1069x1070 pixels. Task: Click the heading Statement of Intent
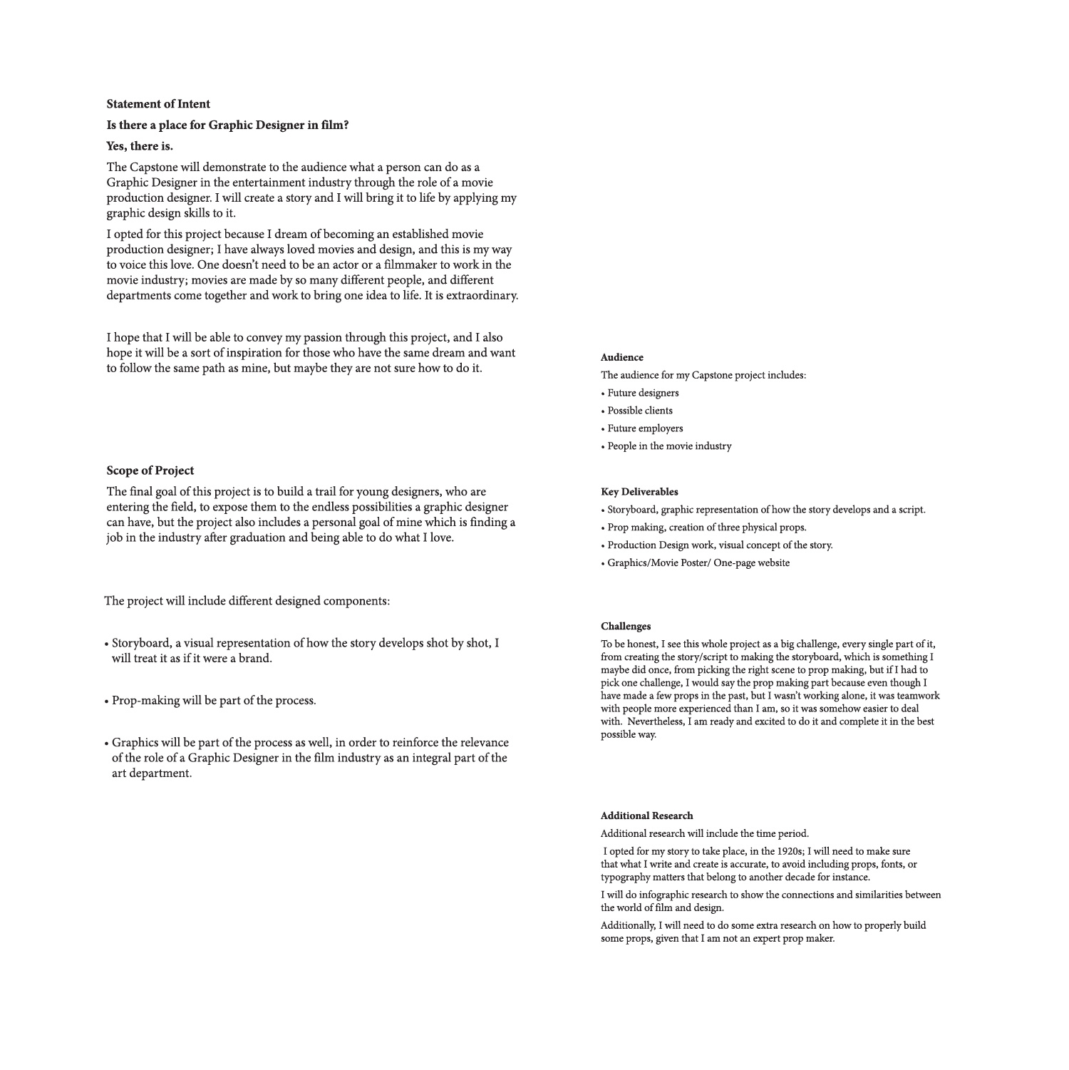158,104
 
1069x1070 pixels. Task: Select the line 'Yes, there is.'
140,146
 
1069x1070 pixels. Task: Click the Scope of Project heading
150,470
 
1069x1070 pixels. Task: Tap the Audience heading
621,358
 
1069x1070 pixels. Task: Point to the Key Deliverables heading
639,492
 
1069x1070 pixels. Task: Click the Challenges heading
625,627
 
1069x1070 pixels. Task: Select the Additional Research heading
646,816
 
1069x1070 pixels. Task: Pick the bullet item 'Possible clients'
640,411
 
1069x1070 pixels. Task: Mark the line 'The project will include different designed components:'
247,601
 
